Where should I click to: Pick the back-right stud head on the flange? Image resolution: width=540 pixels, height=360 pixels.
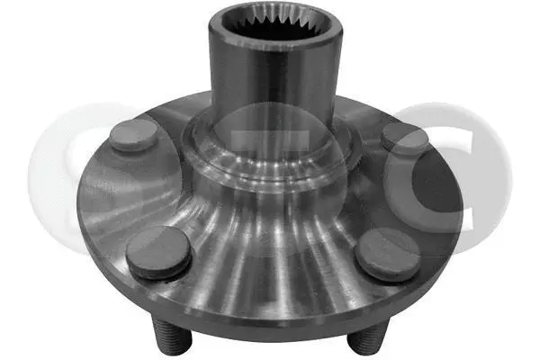(x=404, y=139)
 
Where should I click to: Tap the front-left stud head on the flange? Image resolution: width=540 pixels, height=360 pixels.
(x=158, y=251)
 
